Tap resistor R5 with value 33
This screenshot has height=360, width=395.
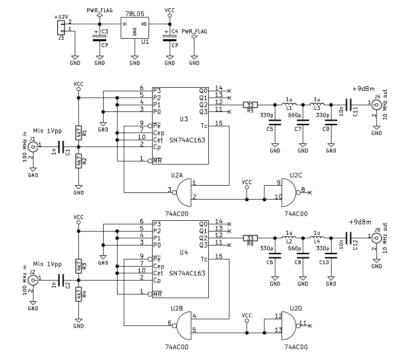point(251,105)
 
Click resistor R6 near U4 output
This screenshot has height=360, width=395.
point(251,238)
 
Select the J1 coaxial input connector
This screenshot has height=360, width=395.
point(32,147)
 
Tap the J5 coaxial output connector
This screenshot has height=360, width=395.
point(376,238)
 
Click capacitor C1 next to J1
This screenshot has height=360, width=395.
point(62,147)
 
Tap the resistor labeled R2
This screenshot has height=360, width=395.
point(78,161)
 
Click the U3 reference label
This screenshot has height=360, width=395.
point(184,119)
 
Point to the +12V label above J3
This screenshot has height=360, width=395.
point(61,17)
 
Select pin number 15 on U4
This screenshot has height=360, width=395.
point(219,256)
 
